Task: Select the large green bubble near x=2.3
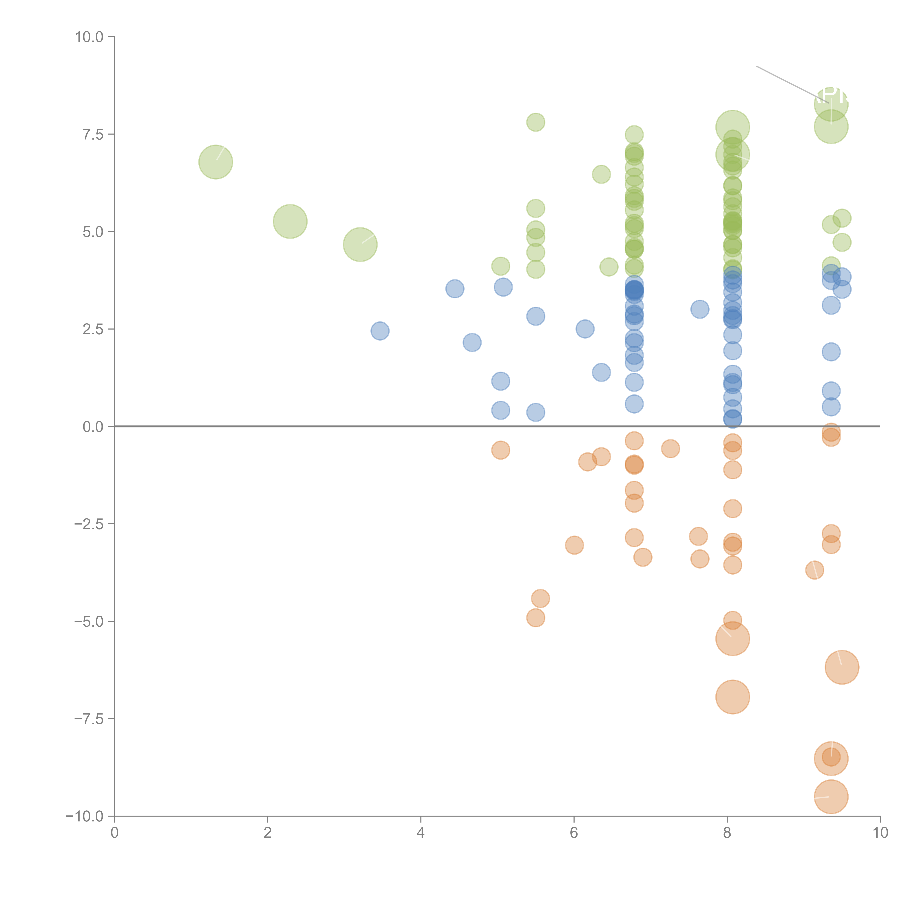(x=290, y=221)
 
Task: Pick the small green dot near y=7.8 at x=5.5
(x=535, y=123)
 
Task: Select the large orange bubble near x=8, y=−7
(x=732, y=697)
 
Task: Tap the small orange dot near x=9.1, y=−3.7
(x=814, y=570)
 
